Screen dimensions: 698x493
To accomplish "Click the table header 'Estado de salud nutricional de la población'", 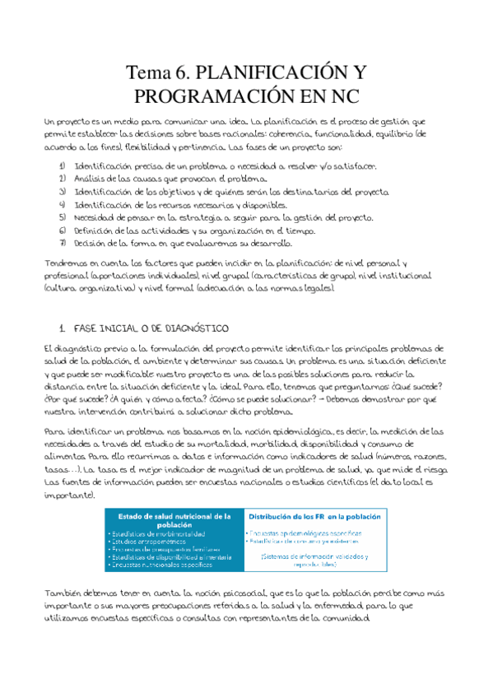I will pyautogui.click(x=173, y=521).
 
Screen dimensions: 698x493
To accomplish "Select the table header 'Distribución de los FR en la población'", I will pyautogui.click(x=314, y=517).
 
